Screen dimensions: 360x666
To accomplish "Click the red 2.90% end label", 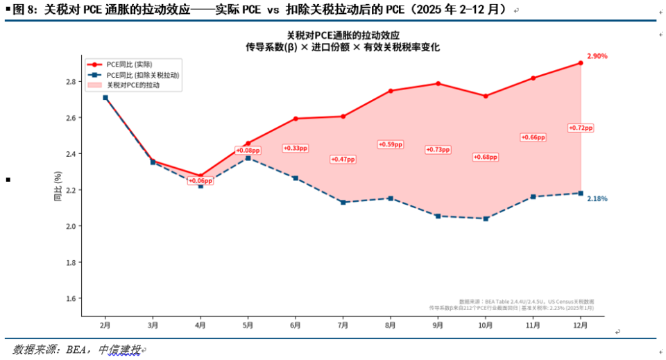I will point(597,56).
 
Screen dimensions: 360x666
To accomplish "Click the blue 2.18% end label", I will point(597,199).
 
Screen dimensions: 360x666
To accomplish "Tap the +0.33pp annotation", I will point(295,148).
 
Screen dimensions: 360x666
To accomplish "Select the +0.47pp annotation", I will point(342,160).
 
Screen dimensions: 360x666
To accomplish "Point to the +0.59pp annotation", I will point(390,144).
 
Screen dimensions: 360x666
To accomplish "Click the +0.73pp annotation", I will point(438,149).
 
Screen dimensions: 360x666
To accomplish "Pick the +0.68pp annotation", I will point(486,157).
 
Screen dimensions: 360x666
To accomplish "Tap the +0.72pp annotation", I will point(580,128).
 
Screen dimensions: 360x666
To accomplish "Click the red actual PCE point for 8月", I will point(391,91).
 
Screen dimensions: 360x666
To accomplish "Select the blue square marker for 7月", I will point(343,203).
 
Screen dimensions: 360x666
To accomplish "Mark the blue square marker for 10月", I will point(486,218).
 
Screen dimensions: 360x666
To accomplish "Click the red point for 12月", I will point(581,63).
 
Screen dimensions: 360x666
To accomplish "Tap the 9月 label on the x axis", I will point(438,325).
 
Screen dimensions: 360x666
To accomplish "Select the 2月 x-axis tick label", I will point(105,325).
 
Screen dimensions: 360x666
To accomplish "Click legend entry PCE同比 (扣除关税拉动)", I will point(143,75).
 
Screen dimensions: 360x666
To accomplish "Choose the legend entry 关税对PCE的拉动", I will point(133,85).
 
